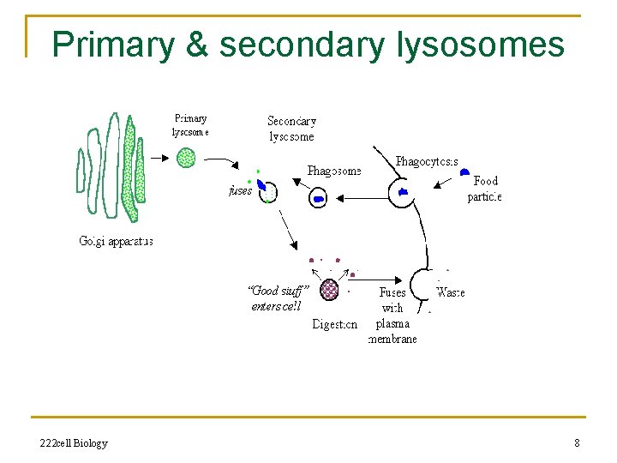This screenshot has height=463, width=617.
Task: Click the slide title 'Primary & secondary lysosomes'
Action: coord(308,44)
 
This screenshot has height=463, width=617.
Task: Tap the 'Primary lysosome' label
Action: coord(190,125)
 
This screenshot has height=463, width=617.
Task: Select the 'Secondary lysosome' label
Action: coord(291,129)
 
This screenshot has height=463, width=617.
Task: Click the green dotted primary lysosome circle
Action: coord(186,157)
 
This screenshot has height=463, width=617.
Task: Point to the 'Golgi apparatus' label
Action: coord(116,242)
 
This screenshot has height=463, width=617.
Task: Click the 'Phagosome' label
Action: coord(334,171)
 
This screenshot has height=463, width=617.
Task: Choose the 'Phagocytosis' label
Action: coord(427,161)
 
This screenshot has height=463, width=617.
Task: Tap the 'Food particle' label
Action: coord(484,189)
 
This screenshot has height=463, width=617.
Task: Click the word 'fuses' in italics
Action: coord(241,191)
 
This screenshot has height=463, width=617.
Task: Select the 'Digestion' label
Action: coord(335,324)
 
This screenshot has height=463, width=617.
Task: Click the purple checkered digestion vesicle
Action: coord(329,290)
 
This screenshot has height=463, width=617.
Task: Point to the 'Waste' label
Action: coord(451,292)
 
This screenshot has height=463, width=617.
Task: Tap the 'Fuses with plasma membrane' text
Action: coord(392,316)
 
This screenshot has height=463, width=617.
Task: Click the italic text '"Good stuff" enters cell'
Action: coord(276,298)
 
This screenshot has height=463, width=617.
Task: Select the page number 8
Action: coord(577,443)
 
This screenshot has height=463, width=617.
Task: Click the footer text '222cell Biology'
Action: coord(74,443)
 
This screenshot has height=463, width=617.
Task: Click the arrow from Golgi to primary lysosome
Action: coord(159,158)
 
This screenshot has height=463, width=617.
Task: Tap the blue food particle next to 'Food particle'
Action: coord(464,173)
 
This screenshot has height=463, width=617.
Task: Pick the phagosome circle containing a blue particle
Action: coord(319,197)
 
